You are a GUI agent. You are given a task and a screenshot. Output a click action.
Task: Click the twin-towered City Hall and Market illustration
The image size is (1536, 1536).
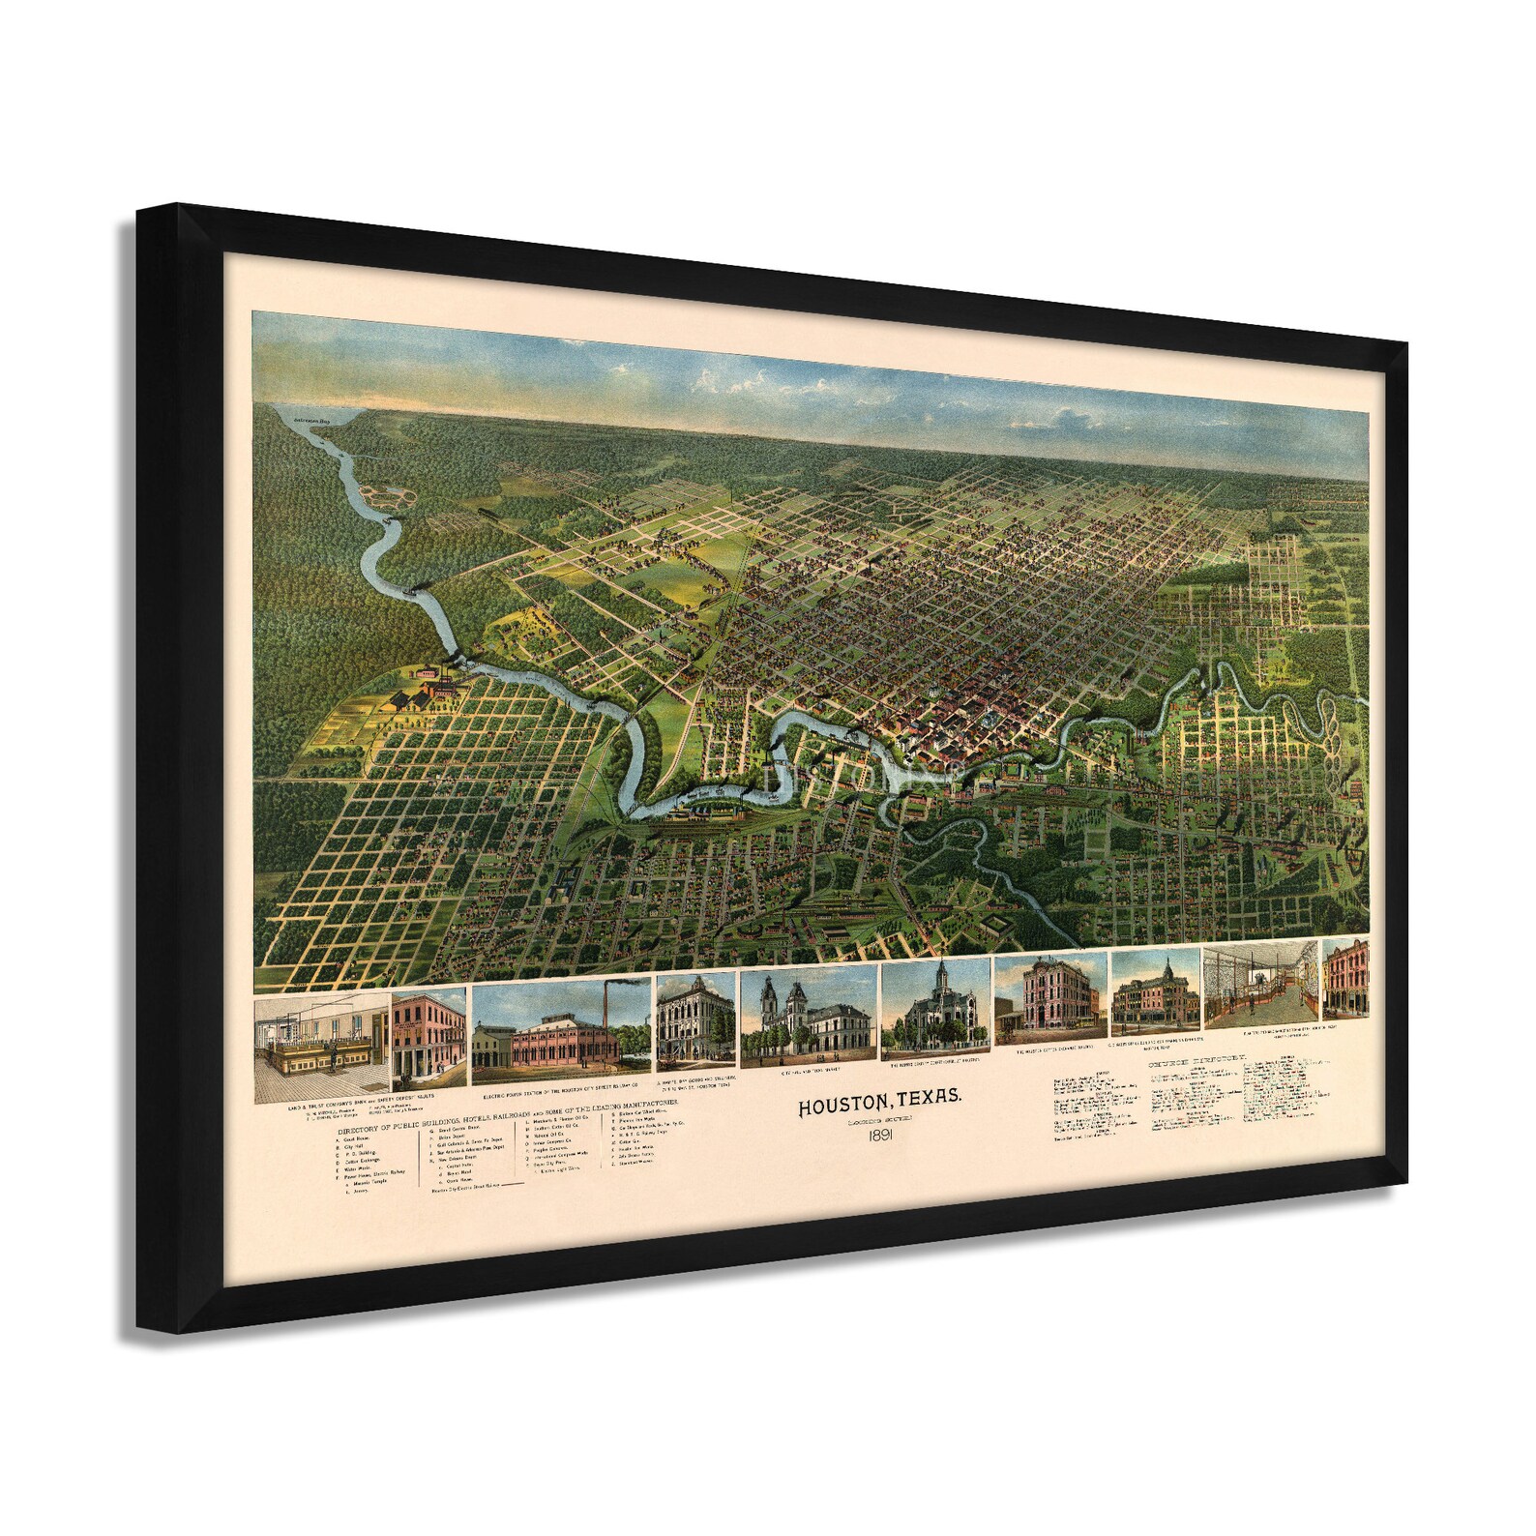[808, 1019]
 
